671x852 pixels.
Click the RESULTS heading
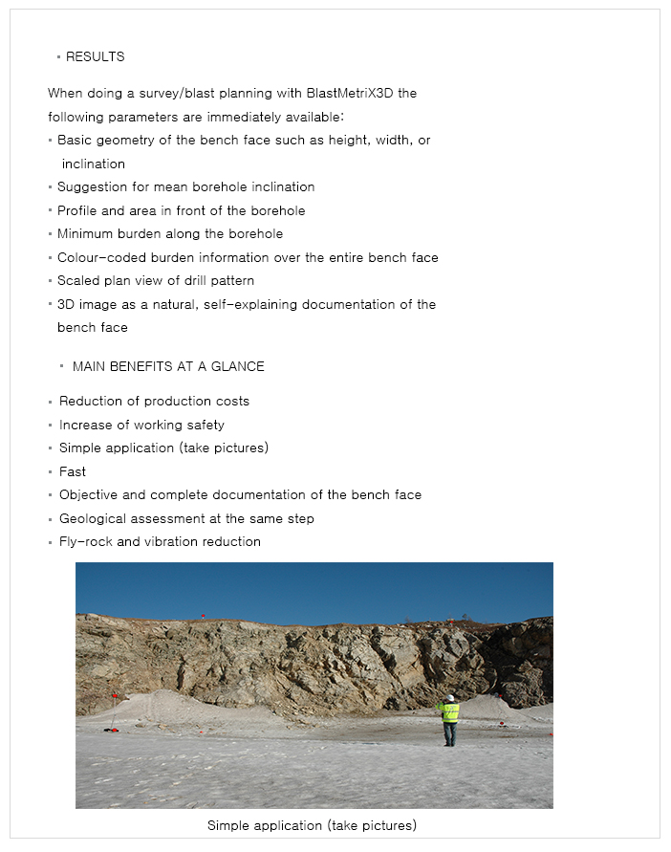[x=95, y=56]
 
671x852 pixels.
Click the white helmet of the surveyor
[x=450, y=698]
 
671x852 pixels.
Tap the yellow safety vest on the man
[x=449, y=711]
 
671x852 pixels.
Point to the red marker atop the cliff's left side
[x=203, y=617]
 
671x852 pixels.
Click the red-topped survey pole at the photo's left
[x=114, y=711]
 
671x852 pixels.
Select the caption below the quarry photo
[x=312, y=825]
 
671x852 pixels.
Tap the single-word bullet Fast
[x=73, y=471]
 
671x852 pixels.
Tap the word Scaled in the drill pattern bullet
[x=77, y=281]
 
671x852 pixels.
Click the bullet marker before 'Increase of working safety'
[x=50, y=426]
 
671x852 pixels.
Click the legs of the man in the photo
[x=449, y=733]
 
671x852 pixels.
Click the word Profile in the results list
[x=77, y=210]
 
